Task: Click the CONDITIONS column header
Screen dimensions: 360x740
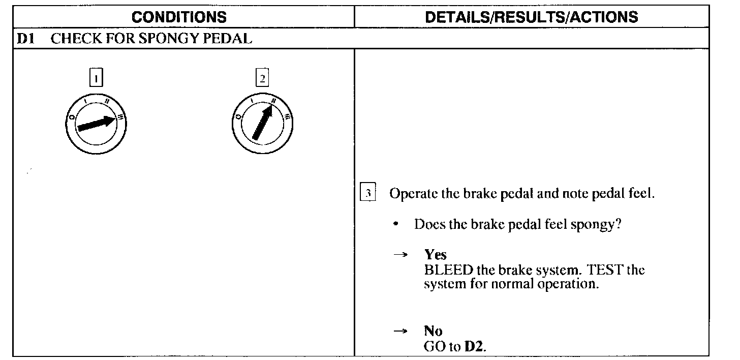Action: [179, 17]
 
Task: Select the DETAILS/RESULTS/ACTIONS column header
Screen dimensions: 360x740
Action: [531, 17]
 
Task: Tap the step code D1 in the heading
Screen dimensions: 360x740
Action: [25, 39]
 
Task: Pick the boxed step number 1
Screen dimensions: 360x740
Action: [96, 79]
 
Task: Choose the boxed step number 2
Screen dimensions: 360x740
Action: [262, 79]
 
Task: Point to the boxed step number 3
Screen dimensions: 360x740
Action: [367, 194]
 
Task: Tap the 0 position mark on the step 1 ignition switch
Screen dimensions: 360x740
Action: [71, 118]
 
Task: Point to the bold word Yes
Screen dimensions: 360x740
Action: [435, 255]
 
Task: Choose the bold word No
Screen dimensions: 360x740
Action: [433, 331]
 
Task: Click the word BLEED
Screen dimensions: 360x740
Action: [445, 269]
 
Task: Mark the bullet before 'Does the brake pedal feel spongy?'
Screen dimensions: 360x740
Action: [396, 224]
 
